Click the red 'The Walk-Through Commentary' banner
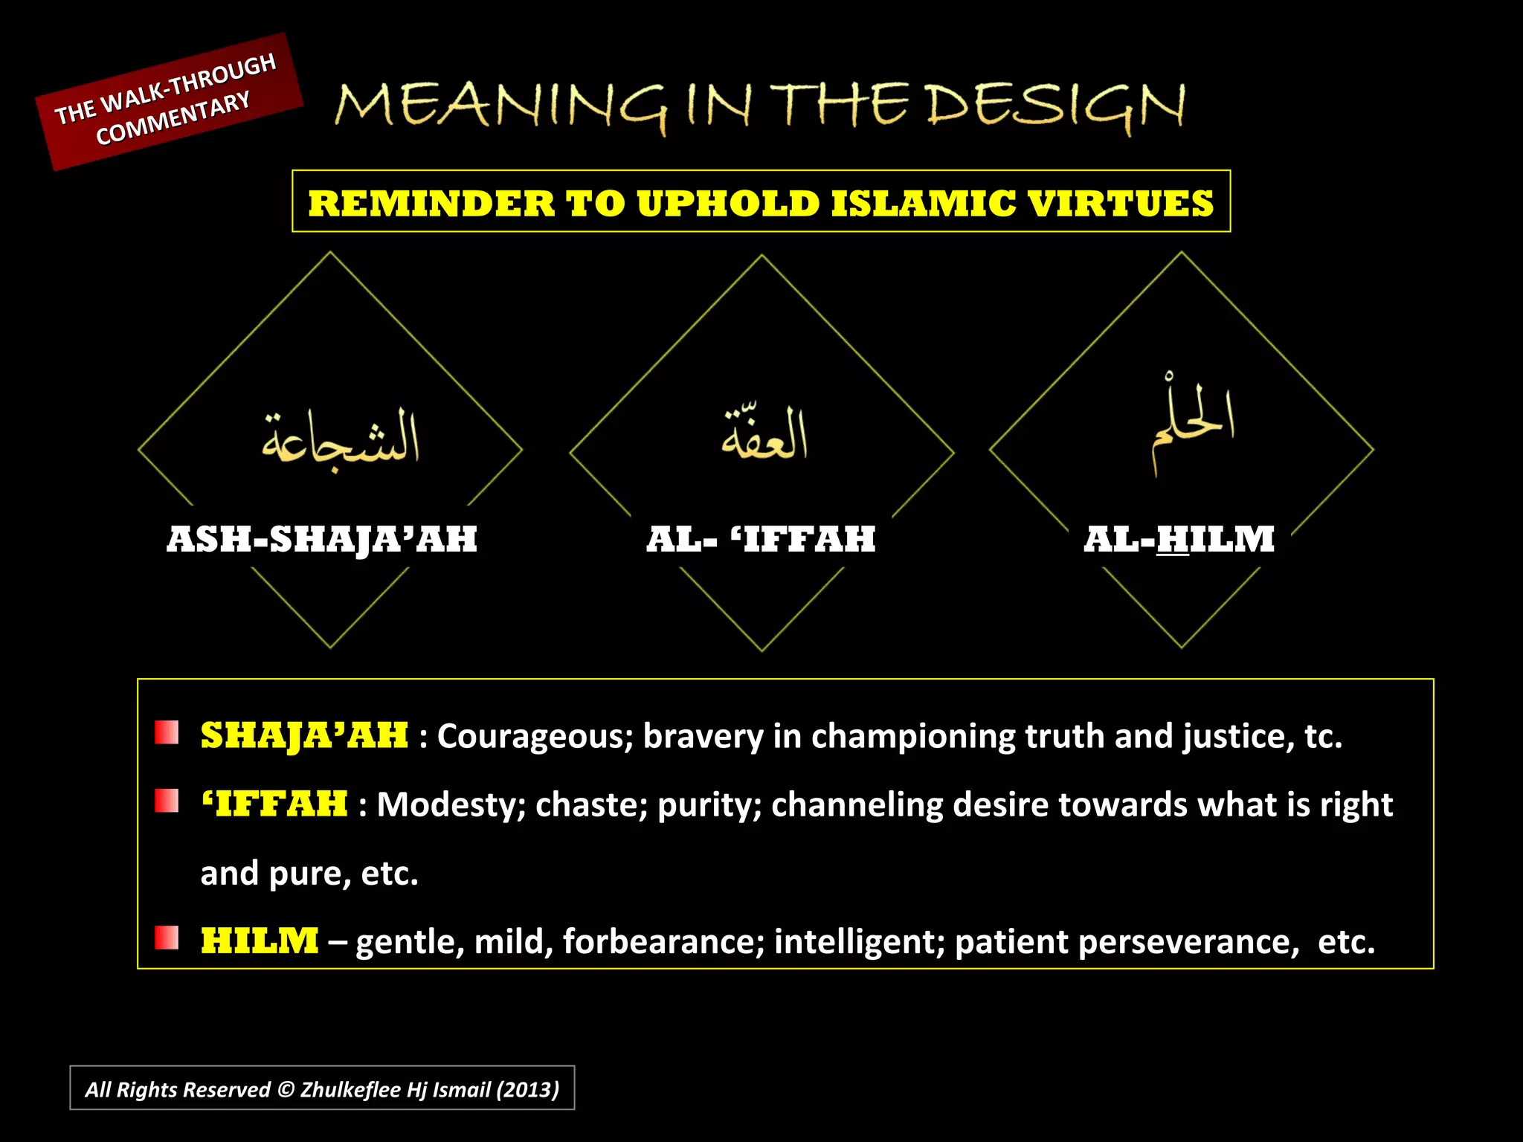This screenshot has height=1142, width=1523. (x=170, y=101)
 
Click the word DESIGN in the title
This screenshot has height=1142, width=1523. (x=1056, y=106)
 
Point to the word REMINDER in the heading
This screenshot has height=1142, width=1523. (x=431, y=204)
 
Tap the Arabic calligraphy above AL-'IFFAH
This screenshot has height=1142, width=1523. (x=764, y=434)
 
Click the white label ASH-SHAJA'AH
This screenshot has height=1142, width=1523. (x=322, y=539)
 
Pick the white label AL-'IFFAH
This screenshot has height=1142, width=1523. (x=761, y=539)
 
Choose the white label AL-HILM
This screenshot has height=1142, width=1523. (x=1179, y=539)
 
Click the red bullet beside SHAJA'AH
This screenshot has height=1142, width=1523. (x=167, y=733)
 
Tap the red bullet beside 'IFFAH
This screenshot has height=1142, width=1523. (x=167, y=801)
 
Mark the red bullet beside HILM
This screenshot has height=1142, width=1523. (x=167, y=938)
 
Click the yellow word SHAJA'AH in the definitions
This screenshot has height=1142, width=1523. (x=304, y=735)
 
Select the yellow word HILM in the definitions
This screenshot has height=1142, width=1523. (x=260, y=941)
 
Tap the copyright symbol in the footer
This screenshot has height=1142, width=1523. (x=286, y=1090)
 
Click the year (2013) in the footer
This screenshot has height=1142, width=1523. (x=528, y=1090)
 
